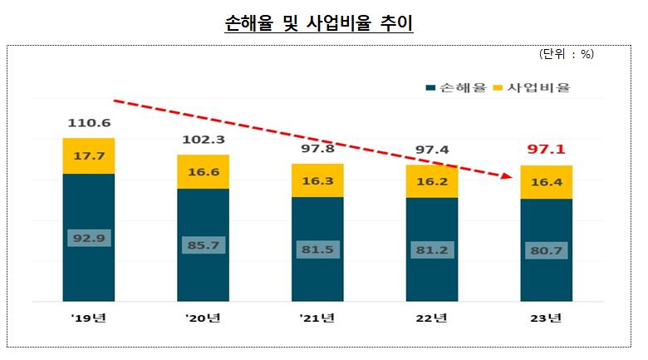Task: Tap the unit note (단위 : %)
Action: pos(567,53)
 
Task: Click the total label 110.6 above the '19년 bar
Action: pos(88,123)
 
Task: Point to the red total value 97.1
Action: pos(546,150)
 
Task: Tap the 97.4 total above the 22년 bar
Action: pos(432,150)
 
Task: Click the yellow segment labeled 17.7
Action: pos(88,155)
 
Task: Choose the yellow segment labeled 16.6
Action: pos(203,171)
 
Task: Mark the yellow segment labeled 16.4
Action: pos(546,182)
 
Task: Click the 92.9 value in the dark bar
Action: pos(88,238)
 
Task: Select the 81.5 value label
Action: pos(317,249)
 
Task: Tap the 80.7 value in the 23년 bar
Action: pos(546,249)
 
